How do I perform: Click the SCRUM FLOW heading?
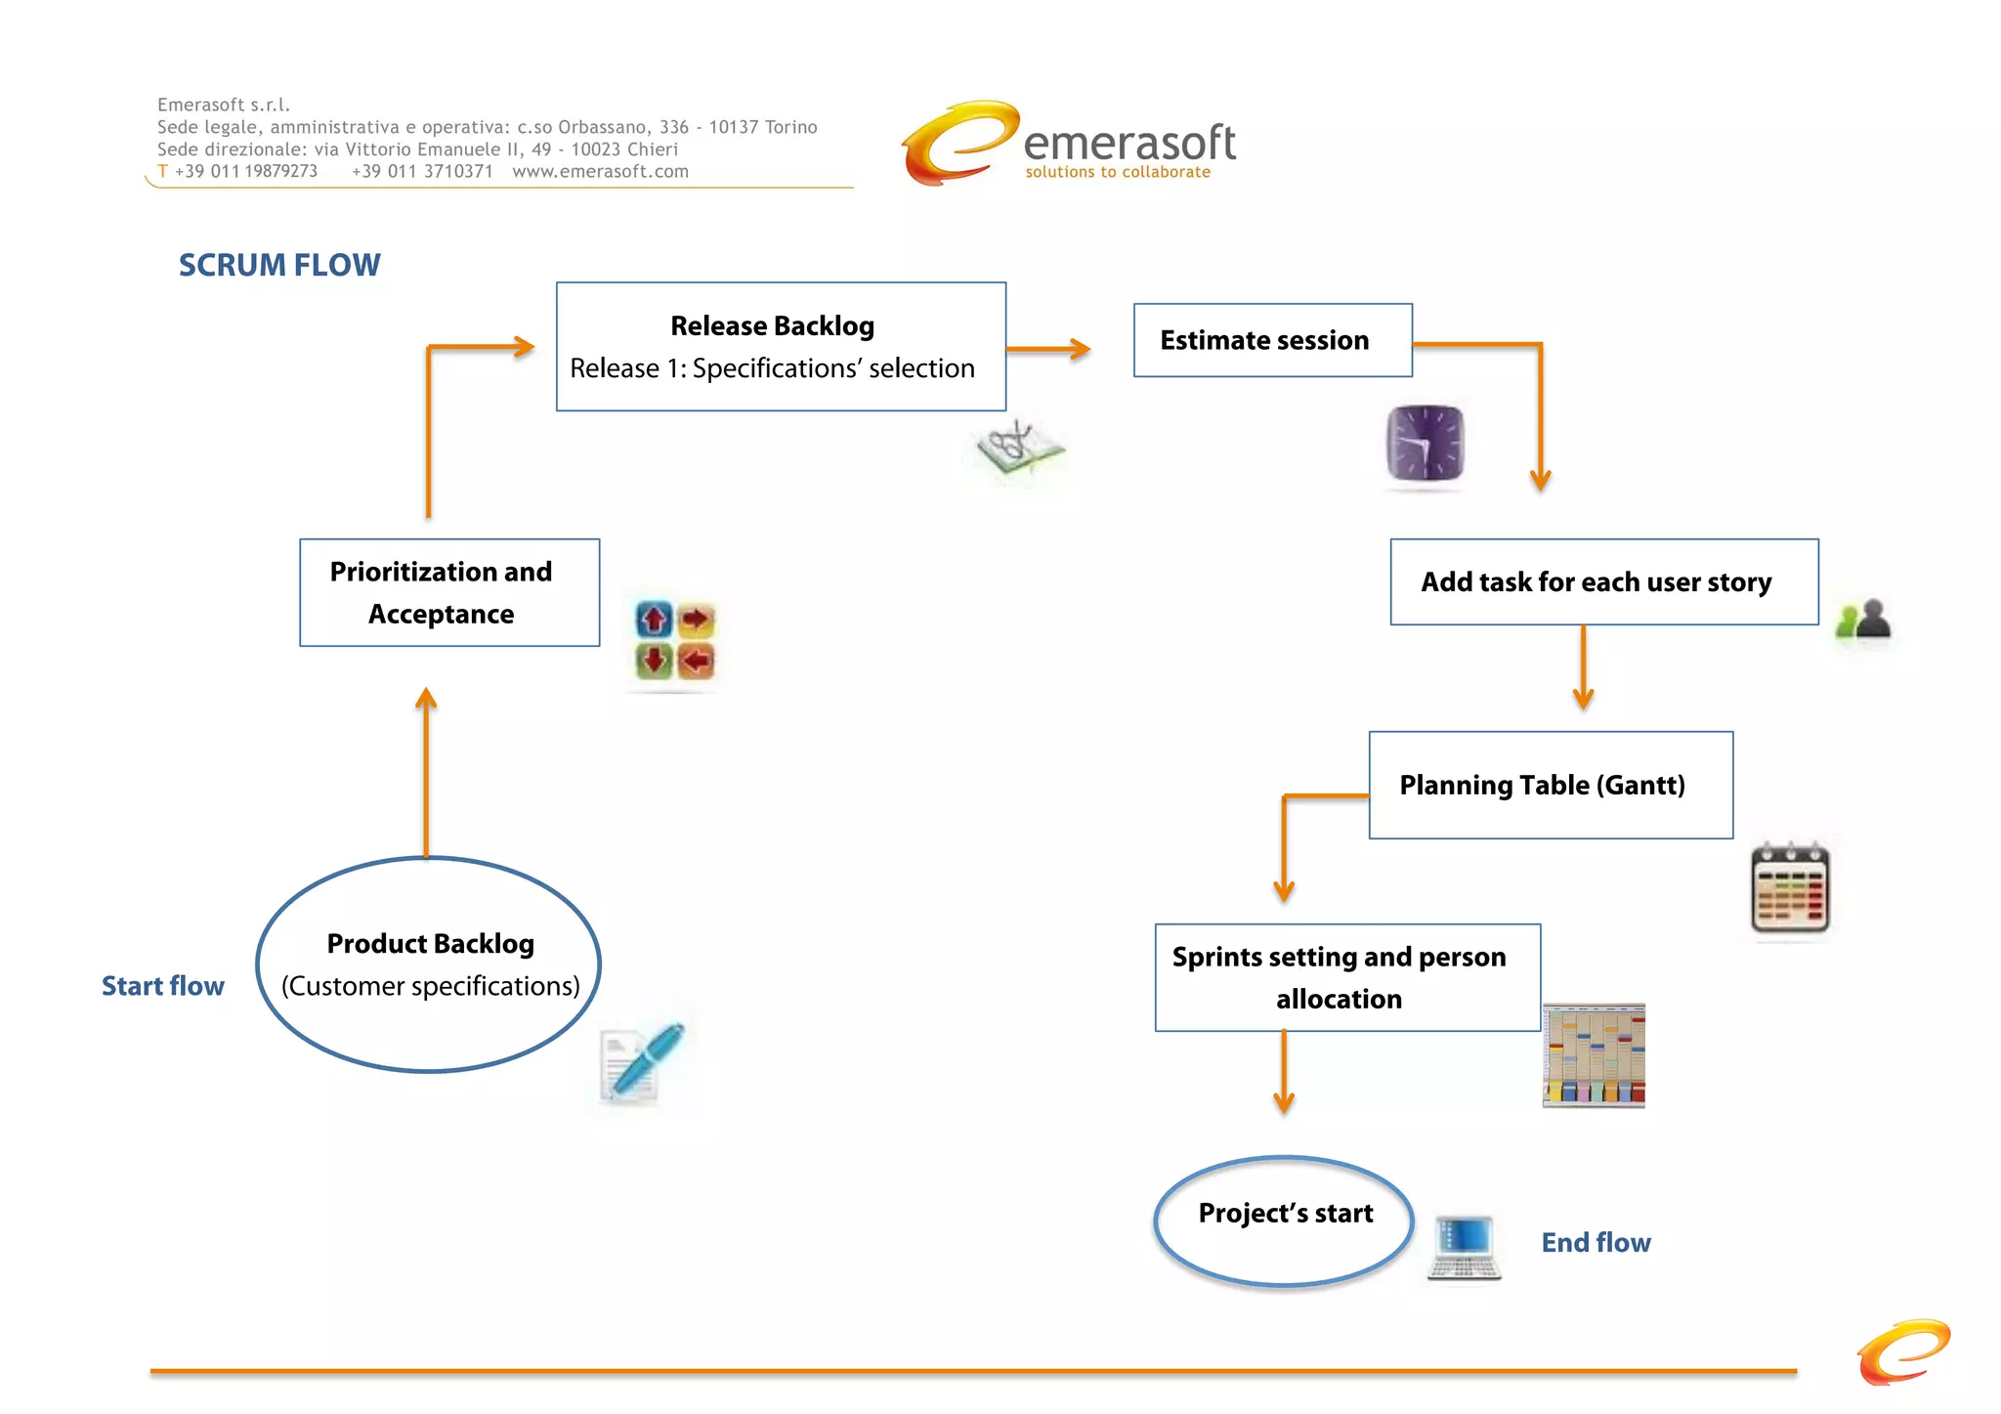coord(279,265)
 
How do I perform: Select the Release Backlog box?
coord(781,347)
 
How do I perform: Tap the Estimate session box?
coord(1272,340)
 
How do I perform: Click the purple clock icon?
coord(1425,443)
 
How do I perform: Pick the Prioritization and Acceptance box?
coord(449,592)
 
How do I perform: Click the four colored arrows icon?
coord(674,640)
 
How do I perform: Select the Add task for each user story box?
coord(1603,581)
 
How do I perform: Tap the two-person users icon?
coord(1863,620)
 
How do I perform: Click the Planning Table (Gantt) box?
coord(1551,785)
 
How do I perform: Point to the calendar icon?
coord(1790,887)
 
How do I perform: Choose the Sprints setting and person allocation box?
coord(1347,977)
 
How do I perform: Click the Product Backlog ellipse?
coord(429,964)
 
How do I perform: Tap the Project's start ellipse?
coord(1284,1221)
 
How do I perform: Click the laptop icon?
coord(1464,1247)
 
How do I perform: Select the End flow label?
coord(1596,1242)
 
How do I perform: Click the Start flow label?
coord(163,986)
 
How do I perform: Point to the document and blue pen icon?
coord(640,1062)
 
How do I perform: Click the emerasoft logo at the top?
coord(1069,145)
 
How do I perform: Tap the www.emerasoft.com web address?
coord(600,172)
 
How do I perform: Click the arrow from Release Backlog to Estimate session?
coord(1048,349)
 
